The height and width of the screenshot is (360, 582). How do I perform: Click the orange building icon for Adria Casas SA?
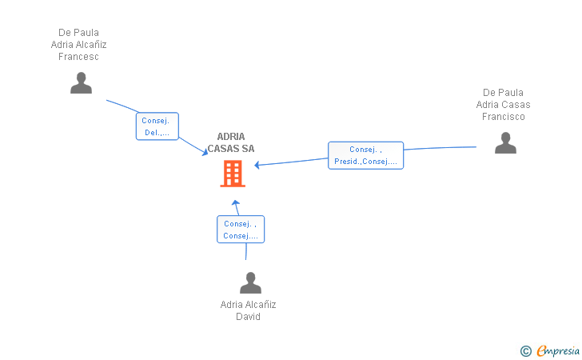233,173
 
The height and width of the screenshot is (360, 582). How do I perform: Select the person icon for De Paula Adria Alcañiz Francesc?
81,83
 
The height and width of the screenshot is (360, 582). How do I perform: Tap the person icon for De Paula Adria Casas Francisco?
505,142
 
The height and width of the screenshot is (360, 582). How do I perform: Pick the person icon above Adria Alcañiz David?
250,282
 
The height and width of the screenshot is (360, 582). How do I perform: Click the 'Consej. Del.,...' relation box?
157,126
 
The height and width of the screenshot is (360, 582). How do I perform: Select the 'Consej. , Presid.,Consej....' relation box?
365,155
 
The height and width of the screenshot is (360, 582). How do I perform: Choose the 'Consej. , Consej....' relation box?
241,230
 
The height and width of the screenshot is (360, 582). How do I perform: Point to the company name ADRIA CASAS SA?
231,142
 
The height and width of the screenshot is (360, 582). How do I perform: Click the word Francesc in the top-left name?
78,57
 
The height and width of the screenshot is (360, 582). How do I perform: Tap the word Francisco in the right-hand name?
504,117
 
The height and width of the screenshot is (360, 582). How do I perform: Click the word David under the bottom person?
248,317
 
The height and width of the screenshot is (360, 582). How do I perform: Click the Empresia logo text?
558,350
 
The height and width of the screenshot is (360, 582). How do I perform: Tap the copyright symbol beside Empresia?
526,351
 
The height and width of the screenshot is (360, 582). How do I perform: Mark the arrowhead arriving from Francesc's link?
205,152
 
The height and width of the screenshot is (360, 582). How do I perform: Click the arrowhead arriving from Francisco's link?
257,165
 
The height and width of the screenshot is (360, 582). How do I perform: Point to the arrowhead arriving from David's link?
236,203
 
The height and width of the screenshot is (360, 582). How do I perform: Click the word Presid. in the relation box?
348,162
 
